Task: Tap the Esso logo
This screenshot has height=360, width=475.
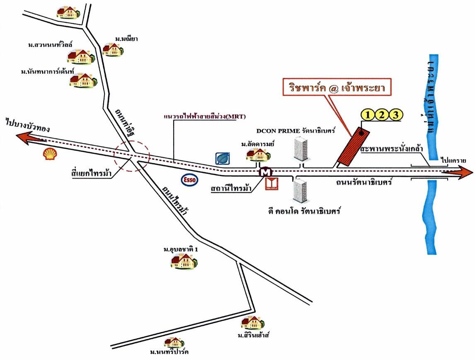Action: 189,179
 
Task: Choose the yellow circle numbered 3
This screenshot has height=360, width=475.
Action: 396,114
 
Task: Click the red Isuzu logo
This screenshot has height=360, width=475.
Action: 272,184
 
